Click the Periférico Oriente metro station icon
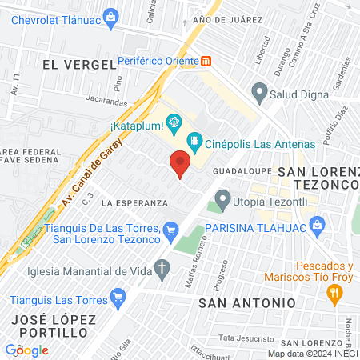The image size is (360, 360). click(x=206, y=60)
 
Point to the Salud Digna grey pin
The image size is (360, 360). click(x=259, y=94)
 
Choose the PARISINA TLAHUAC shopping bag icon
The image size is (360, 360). click(x=318, y=226)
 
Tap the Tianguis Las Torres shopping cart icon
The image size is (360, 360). click(x=118, y=298)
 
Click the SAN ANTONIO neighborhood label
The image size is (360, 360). click(x=247, y=303)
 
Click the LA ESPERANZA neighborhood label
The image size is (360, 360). click(x=134, y=203)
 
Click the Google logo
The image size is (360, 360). click(x=26, y=350)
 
